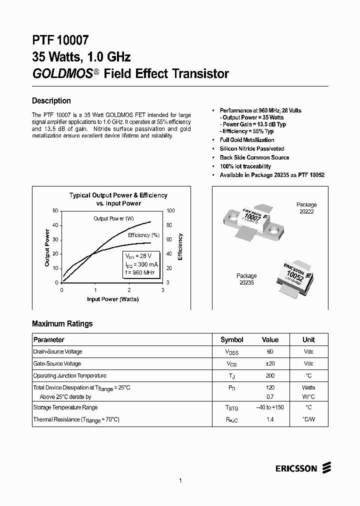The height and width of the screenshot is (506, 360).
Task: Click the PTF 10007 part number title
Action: [60, 40]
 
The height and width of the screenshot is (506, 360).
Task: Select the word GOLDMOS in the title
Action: [62, 73]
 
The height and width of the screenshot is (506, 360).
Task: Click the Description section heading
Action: [51, 100]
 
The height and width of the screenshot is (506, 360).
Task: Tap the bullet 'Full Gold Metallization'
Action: [246, 140]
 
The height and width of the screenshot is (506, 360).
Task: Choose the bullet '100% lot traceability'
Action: [245, 166]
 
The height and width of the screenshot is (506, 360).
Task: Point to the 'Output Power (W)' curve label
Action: [113, 218]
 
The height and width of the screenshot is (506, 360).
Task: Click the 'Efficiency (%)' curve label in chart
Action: [143, 235]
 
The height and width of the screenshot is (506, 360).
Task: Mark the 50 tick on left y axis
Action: [55, 211]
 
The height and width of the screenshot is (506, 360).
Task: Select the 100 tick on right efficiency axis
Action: [170, 211]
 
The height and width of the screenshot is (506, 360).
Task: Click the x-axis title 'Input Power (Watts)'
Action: [112, 299]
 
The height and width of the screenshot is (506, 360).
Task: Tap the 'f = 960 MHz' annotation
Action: [139, 273]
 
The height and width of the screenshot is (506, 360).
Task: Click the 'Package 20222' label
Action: [306, 208]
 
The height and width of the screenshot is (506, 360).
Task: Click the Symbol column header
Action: [231, 339]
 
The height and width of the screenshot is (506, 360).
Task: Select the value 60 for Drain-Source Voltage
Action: [270, 351]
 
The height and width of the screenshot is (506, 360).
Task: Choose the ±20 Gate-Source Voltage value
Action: [270, 363]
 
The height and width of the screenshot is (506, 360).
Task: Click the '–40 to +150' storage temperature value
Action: [270, 407]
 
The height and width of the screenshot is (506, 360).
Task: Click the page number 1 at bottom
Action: [180, 480]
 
